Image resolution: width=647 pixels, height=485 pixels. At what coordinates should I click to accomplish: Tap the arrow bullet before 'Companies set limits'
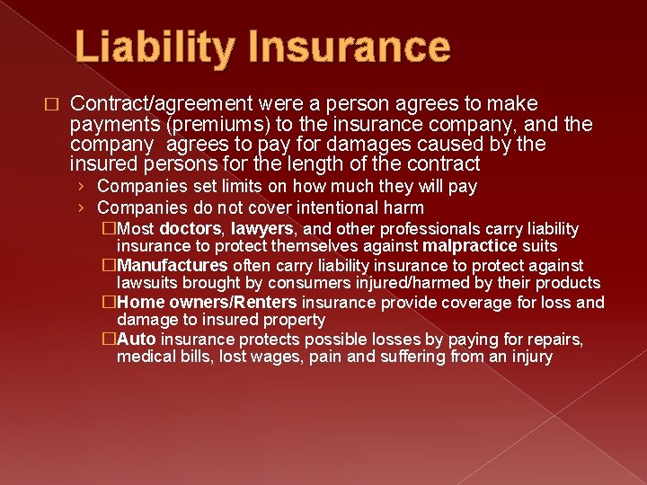pyautogui.click(x=81, y=187)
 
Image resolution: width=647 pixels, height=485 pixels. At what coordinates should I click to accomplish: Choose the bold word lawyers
pyautogui.click(x=261, y=229)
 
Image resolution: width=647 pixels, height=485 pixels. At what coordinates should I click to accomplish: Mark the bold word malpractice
pyautogui.click(x=469, y=245)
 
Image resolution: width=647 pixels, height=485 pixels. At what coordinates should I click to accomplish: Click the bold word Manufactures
pyautogui.click(x=173, y=266)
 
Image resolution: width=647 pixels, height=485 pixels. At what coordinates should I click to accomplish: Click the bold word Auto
pyautogui.click(x=137, y=339)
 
